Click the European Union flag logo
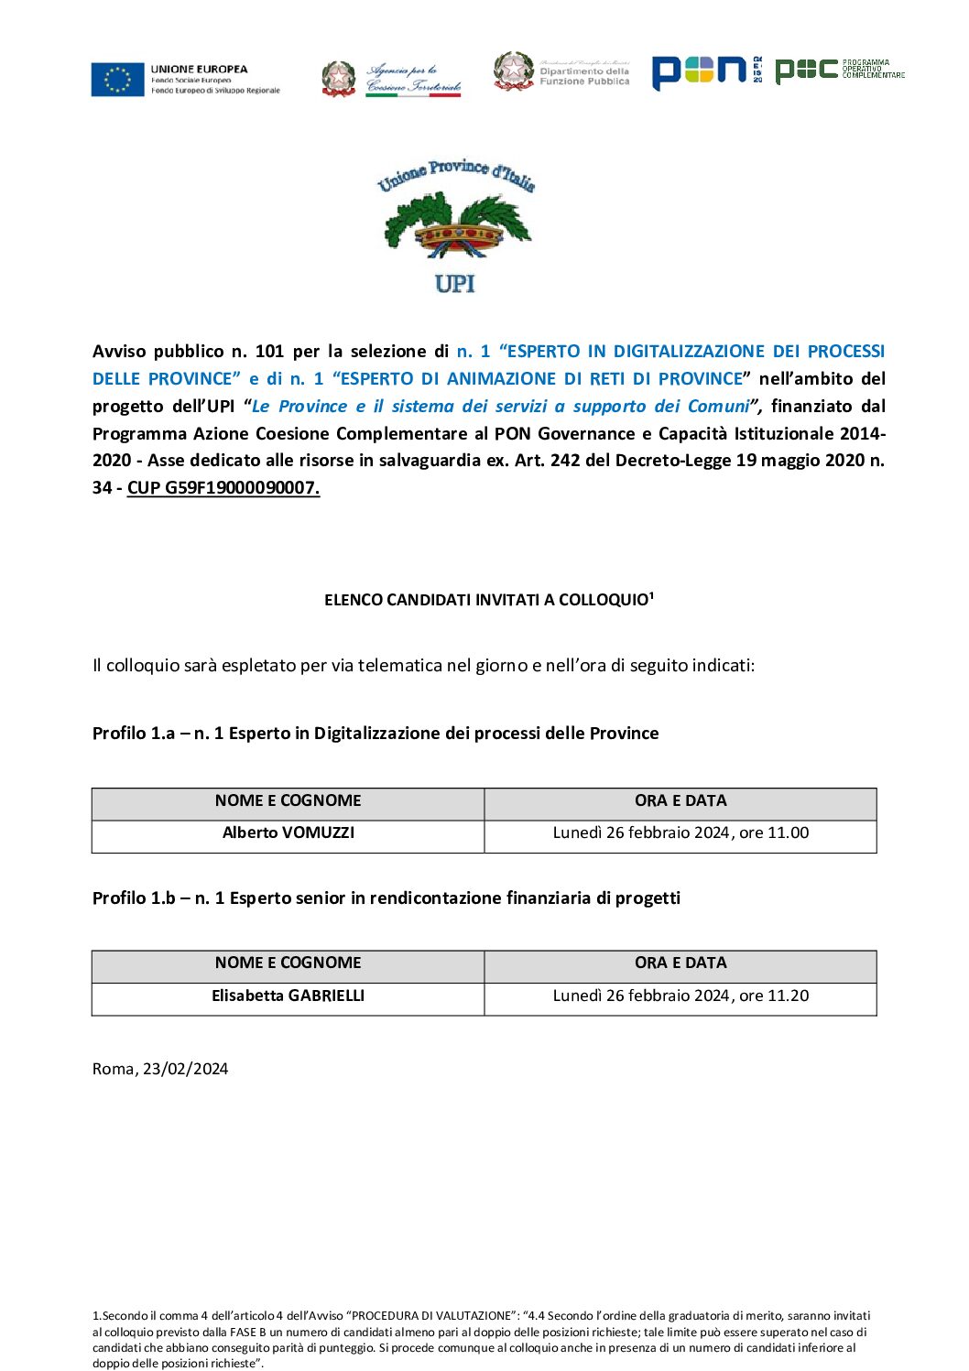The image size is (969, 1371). click(118, 80)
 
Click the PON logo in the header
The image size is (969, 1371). click(700, 71)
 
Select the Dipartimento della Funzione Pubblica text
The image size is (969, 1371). click(584, 76)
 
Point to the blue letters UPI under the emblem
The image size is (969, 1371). click(455, 284)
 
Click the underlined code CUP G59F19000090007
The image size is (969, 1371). click(223, 488)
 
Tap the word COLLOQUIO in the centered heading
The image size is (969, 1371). click(604, 601)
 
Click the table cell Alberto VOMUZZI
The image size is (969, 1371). click(289, 833)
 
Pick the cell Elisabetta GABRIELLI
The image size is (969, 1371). click(289, 996)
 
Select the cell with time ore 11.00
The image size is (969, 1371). click(680, 833)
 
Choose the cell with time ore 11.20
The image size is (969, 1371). click(680, 996)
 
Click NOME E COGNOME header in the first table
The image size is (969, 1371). click(289, 801)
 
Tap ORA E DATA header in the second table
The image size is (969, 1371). click(680, 963)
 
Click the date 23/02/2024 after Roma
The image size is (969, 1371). click(185, 1070)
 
